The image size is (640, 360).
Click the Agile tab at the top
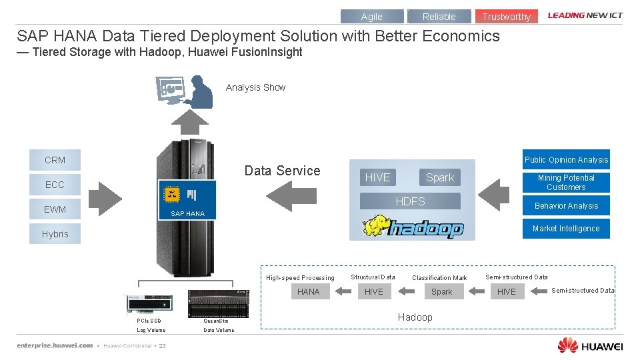click(372, 17)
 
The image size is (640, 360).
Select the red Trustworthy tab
click(506, 17)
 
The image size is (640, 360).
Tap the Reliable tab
click(439, 17)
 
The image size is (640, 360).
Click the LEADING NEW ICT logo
click(585, 15)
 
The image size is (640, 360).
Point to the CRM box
click(55, 160)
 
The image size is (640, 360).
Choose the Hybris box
click(55, 234)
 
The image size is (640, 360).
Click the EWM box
click(55, 209)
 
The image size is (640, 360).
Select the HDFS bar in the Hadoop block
click(410, 201)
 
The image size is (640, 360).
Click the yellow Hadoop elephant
click(379, 225)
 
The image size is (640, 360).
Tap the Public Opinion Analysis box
click(566, 160)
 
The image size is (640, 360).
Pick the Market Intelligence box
click(566, 229)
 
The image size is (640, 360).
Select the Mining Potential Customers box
click(566, 183)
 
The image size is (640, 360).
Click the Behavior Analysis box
click(566, 206)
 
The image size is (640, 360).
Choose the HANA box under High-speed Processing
click(308, 291)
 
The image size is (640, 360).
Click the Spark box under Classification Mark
click(441, 291)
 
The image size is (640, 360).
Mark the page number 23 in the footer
click(162, 345)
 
